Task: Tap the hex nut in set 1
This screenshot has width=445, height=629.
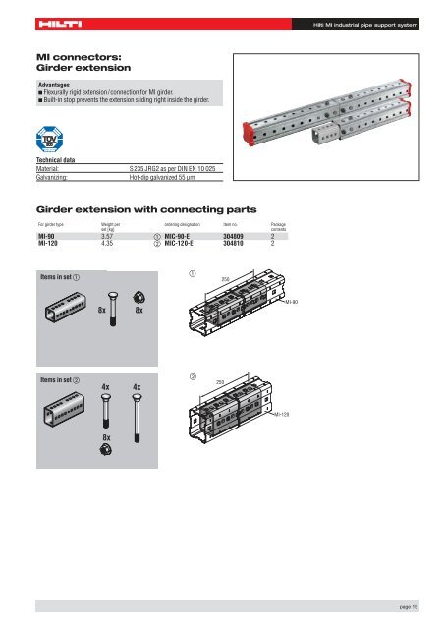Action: point(140,294)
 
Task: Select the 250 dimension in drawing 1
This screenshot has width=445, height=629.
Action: point(252,280)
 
